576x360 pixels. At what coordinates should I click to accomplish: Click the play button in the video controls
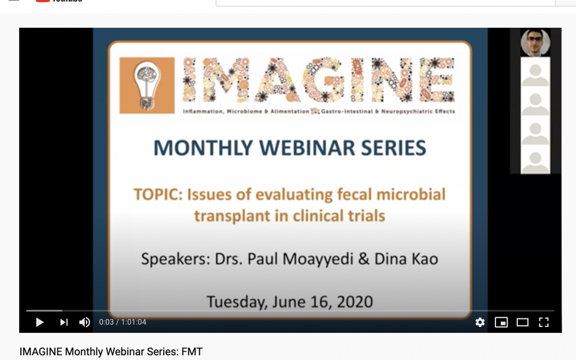(x=39, y=322)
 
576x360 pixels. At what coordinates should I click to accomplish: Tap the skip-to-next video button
(x=63, y=322)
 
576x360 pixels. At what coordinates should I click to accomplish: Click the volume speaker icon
(x=84, y=322)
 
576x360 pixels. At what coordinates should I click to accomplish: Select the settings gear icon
(x=480, y=322)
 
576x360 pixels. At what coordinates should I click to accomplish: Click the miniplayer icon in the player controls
(x=501, y=322)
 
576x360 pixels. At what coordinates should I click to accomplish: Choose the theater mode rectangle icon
(x=522, y=322)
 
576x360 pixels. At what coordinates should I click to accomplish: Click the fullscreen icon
(x=543, y=322)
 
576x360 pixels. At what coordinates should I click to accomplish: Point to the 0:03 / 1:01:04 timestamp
(x=123, y=322)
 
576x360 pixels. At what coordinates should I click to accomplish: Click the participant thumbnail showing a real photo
(x=535, y=43)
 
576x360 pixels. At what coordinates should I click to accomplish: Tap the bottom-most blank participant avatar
(x=535, y=161)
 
